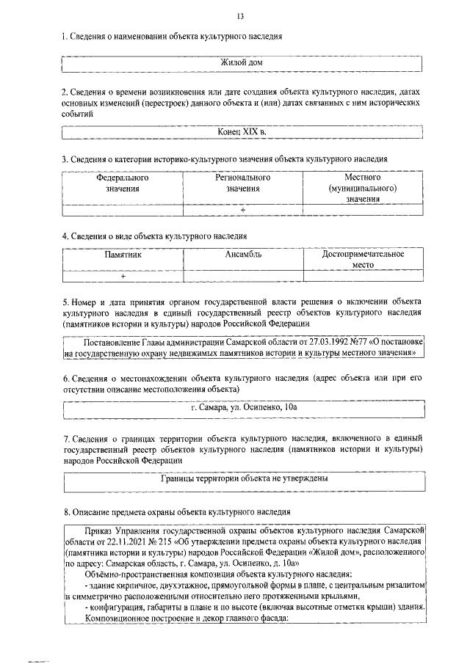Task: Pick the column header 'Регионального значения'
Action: [242, 183]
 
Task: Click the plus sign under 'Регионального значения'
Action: [242, 210]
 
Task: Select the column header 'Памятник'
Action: [122, 254]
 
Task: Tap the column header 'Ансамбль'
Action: [242, 254]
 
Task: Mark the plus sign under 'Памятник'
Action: [123, 277]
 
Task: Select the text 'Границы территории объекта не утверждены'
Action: [243, 478]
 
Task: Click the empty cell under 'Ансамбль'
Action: [242, 277]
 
